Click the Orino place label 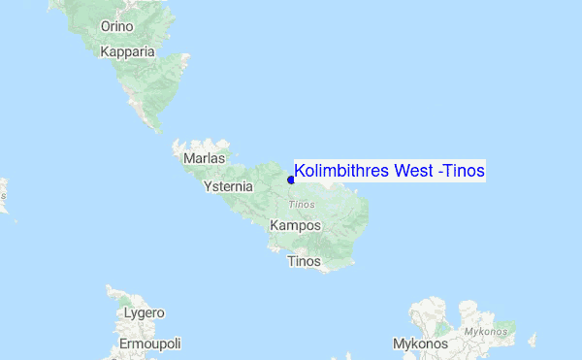116,26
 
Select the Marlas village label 204,157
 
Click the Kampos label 295,224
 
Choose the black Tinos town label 305,261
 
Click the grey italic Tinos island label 303,205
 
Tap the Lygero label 145,313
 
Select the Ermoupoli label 149,344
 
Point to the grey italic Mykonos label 485,332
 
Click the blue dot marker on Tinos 290,179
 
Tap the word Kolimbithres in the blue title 340,171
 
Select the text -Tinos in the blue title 462,171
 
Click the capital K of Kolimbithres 300,171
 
